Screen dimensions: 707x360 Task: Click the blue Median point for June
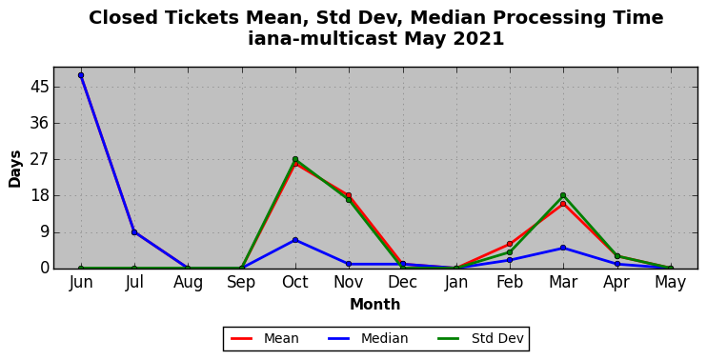coord(81,75)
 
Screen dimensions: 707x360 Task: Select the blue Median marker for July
coord(134,232)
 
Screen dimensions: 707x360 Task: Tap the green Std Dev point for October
coord(295,159)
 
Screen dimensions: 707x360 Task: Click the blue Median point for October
coord(295,240)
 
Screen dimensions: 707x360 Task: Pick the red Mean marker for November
coord(349,195)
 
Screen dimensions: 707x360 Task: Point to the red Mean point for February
coord(510,244)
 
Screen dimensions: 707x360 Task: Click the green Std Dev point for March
coord(563,195)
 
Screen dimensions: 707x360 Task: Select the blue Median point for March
coord(563,248)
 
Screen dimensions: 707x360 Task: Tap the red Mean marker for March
coord(563,204)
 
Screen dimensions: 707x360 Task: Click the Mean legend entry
coord(265,338)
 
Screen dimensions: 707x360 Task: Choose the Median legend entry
coord(368,338)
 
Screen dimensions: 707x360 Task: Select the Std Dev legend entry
coord(480,338)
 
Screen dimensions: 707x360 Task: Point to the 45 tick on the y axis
coord(39,87)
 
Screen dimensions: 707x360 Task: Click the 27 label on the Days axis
coord(39,159)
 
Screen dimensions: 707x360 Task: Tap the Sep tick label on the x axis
coord(242,283)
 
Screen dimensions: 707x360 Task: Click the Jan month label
coord(455,283)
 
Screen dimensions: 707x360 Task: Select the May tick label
coord(671,283)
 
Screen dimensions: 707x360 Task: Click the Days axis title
coord(15,169)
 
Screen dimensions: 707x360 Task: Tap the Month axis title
coord(375,305)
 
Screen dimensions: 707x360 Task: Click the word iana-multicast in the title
coord(322,38)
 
